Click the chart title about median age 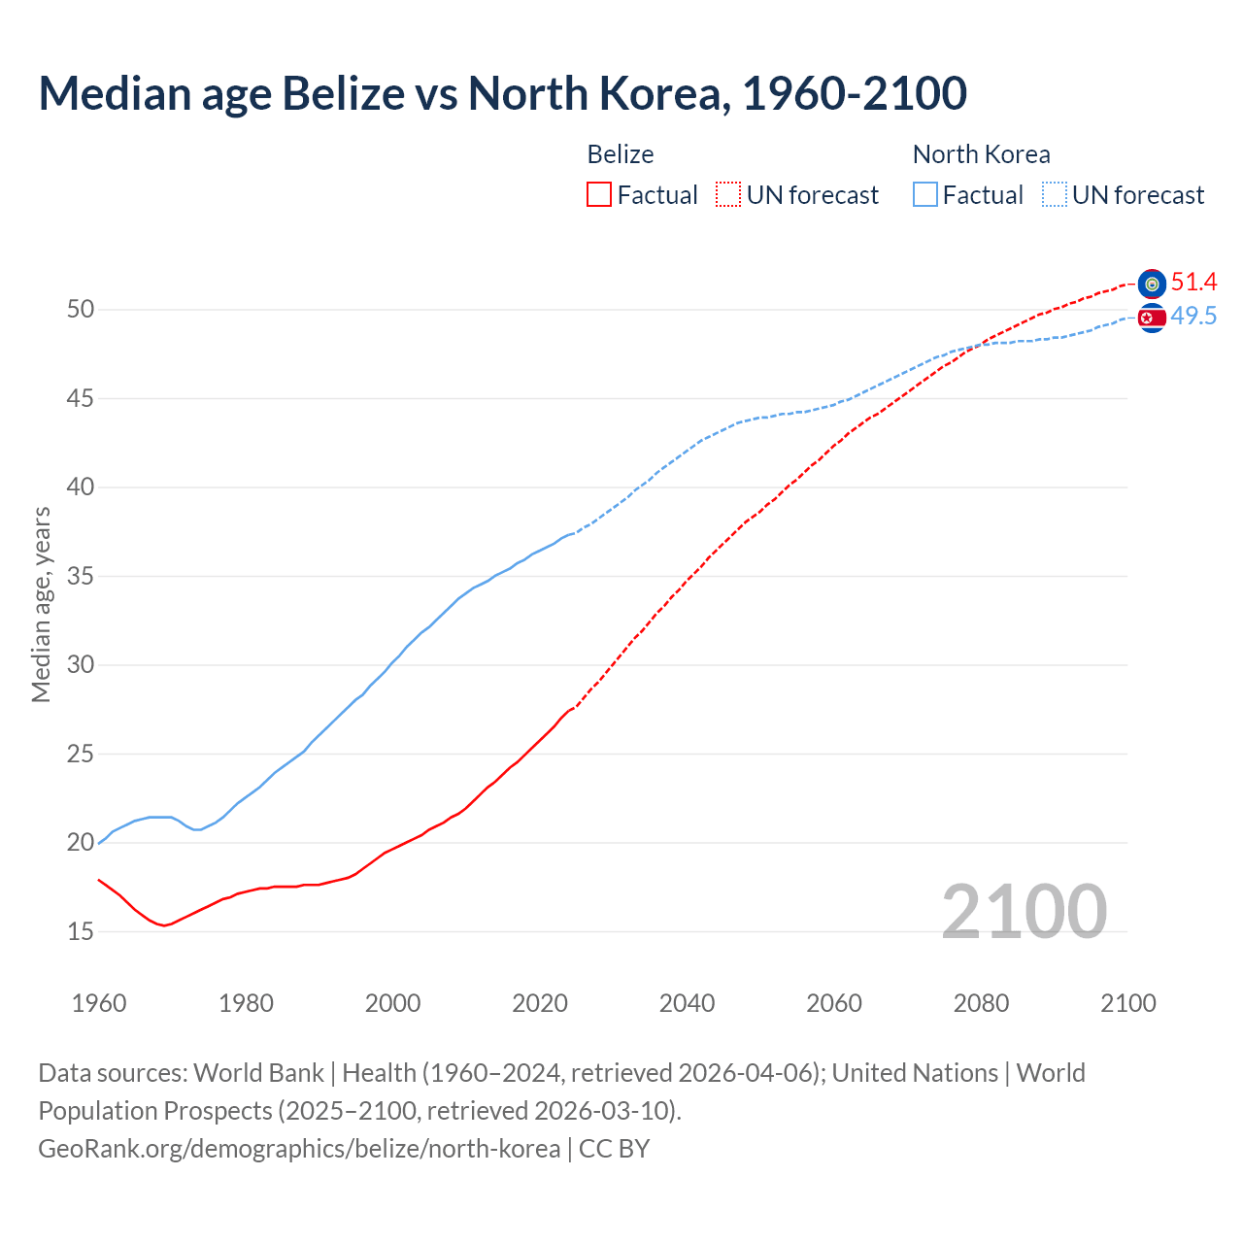502,93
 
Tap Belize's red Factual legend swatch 599,195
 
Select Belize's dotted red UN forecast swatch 728,195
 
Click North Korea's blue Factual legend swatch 925,195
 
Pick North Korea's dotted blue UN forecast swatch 1055,195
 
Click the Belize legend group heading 620,154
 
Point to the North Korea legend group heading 981,154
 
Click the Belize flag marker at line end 1152,284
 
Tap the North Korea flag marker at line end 1152,318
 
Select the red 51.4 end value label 1193,282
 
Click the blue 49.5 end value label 1193,316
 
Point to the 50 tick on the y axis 81,310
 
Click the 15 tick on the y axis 81,931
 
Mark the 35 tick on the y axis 81,577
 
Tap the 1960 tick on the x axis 99,1003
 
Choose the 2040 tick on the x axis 687,1003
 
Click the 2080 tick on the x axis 981,1003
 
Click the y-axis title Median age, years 41,604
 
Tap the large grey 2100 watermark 1024,911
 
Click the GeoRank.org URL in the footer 299,1149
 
